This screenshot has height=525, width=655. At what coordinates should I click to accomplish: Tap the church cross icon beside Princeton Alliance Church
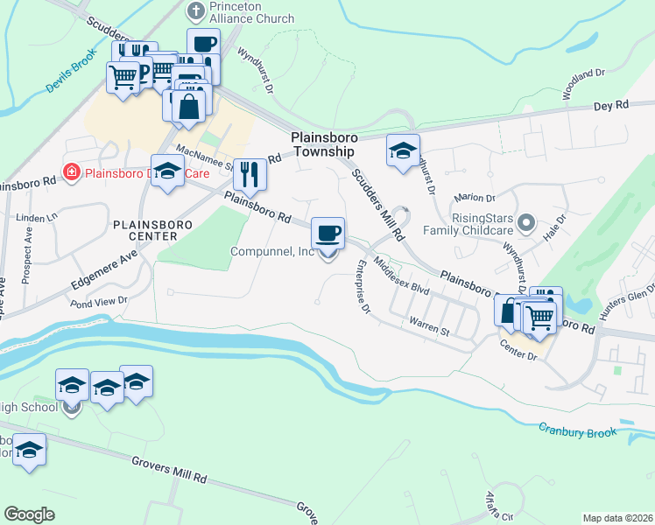click(195, 11)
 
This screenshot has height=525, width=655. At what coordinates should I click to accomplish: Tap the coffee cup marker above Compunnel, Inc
click(327, 234)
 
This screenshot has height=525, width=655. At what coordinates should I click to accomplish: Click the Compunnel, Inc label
click(271, 251)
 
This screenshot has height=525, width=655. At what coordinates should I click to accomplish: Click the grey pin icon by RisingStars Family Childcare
click(526, 223)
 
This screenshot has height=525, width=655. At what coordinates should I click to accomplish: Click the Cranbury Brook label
click(578, 430)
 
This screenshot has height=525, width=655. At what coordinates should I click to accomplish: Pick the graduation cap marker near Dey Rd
click(403, 150)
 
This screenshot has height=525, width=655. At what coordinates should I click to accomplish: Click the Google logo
click(29, 514)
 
